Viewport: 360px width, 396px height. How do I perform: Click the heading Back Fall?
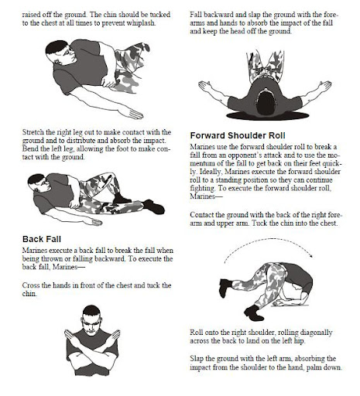tap(42, 239)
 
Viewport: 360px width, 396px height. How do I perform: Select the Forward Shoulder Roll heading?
tap(238, 135)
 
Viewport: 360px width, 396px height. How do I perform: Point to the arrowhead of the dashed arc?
tap(311, 255)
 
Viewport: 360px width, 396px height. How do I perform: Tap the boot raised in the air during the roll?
tap(225, 288)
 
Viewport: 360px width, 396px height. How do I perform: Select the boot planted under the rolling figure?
tap(254, 312)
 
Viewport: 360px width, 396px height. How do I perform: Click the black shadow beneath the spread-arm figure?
tap(267, 115)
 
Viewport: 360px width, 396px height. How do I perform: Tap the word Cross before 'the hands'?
tap(31, 285)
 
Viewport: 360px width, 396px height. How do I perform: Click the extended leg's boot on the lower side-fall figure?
tap(154, 206)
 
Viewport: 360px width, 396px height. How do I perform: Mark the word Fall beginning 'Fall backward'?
tap(196, 15)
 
